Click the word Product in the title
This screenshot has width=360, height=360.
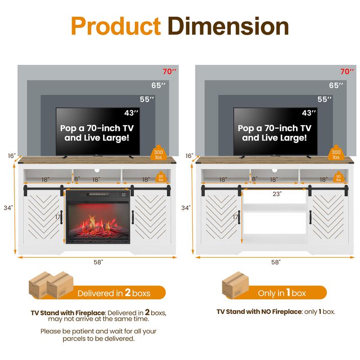(x=116, y=26)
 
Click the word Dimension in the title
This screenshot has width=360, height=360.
(x=228, y=26)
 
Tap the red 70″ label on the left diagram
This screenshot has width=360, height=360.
(x=170, y=72)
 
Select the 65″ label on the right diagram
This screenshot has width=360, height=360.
(x=336, y=85)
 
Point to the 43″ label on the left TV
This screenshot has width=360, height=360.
(x=131, y=113)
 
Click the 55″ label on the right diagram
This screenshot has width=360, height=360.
(x=324, y=99)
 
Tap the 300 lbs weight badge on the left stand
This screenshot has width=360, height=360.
(x=158, y=153)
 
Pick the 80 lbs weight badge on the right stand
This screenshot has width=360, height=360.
(x=339, y=177)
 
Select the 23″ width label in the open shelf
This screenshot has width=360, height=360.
(x=277, y=194)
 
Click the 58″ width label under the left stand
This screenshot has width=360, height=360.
(x=98, y=262)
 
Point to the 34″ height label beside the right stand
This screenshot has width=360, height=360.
(x=186, y=208)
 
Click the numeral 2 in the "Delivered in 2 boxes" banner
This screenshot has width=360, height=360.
(x=128, y=292)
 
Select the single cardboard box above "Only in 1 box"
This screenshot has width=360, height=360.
(x=235, y=285)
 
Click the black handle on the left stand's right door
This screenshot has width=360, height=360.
(x=133, y=217)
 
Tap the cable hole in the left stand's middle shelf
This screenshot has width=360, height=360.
(x=97, y=171)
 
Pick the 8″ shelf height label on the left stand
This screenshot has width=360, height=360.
(x=77, y=179)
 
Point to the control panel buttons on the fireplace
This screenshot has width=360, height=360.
(x=124, y=195)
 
